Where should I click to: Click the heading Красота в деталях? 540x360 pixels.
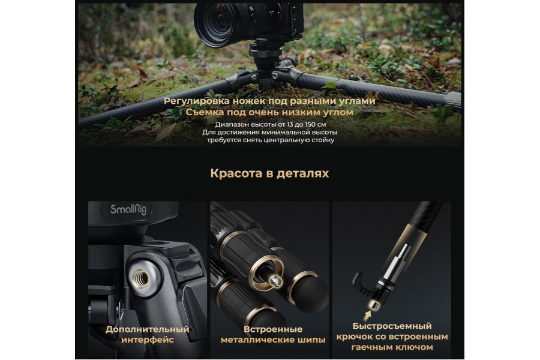pyautogui.click(x=269, y=173)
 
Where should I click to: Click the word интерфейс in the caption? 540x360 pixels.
pyautogui.click(x=147, y=340)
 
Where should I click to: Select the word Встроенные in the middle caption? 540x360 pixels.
pyautogui.click(x=273, y=329)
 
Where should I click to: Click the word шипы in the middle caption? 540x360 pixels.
pyautogui.click(x=313, y=340)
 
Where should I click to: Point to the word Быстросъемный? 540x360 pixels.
pyautogui.click(x=392, y=326)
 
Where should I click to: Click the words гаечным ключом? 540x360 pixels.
pyautogui.click(x=392, y=347)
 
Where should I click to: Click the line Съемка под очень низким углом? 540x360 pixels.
pyautogui.click(x=269, y=112)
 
